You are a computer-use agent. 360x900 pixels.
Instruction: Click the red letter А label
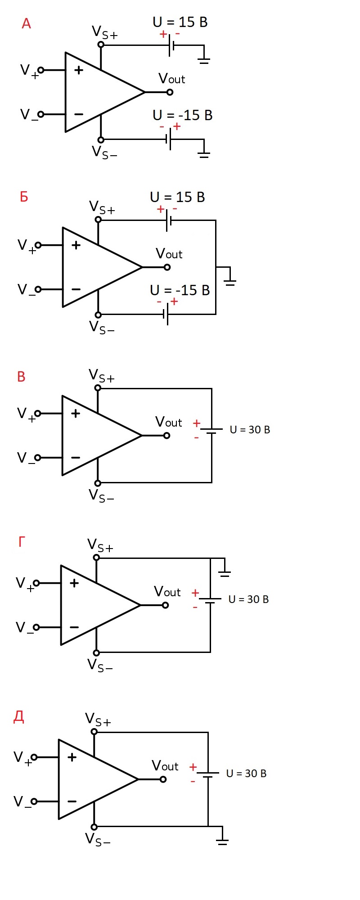coord(26,23)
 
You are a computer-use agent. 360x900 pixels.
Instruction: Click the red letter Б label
coord(24,197)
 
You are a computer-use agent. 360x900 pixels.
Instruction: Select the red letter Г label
coord(22,542)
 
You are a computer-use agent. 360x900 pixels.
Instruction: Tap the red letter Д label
coord(19,716)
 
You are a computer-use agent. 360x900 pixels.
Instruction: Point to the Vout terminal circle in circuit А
coord(170,92)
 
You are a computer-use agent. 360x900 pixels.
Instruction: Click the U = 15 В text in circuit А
coord(180,22)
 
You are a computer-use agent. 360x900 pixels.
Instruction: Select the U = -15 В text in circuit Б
coord(180,290)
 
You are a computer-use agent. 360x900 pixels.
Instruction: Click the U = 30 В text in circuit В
coord(250,430)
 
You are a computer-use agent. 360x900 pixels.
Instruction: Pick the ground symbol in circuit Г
coord(224,573)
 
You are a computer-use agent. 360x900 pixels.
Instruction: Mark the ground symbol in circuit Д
coord(222,841)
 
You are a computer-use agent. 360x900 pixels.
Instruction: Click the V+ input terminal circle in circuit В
coord(38,414)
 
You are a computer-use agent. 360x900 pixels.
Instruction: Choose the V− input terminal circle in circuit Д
coord(34,801)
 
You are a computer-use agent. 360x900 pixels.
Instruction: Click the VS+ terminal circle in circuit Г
coord(96,558)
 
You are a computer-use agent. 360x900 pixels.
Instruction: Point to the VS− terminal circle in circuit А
coord(101,140)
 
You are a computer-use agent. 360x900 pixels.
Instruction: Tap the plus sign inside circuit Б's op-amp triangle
coord(76,245)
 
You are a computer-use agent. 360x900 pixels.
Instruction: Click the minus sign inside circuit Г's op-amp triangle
coord(74,627)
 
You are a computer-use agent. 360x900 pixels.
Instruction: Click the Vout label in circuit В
coord(168,422)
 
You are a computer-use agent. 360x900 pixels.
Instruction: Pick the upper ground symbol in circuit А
coord(204,60)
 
